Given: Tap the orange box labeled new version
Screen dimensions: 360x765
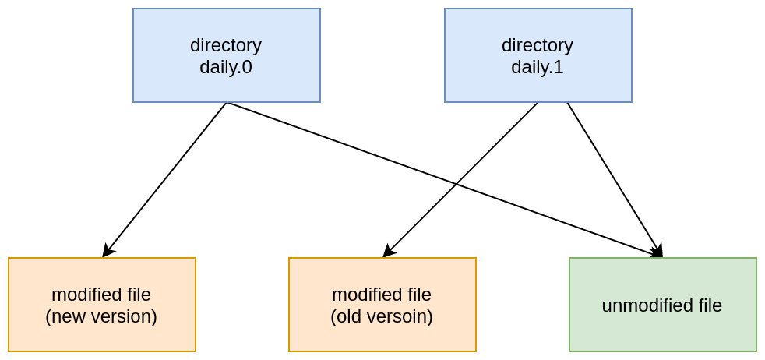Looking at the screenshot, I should [101, 305].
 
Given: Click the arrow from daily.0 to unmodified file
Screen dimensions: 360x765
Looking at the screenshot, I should [351, 146].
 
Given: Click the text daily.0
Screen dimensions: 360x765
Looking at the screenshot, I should [226, 68].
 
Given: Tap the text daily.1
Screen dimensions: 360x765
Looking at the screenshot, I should [538, 68].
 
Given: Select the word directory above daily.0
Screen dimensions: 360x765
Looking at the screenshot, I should [226, 45].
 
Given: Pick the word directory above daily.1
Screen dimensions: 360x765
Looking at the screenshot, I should [538, 45].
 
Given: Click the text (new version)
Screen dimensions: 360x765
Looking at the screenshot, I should [101, 317].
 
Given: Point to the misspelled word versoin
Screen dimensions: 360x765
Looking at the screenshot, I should [395, 317].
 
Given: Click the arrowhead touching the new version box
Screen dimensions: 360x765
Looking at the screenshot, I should [107, 252].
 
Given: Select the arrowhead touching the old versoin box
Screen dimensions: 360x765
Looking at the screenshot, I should [388, 252].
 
